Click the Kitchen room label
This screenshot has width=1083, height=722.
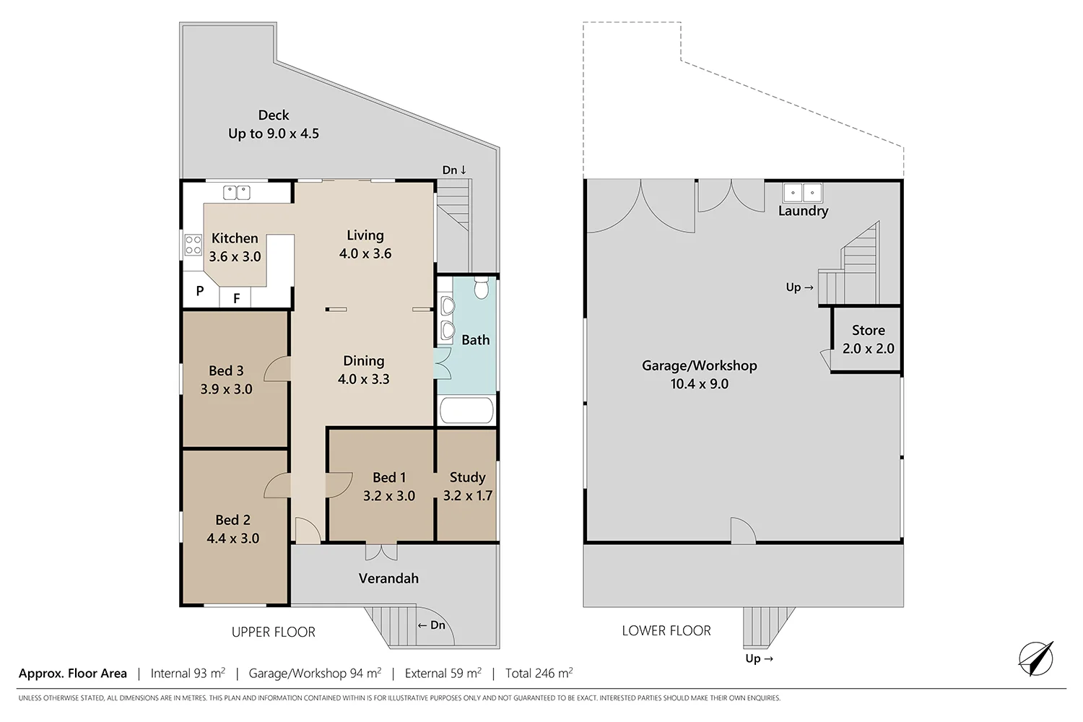235,238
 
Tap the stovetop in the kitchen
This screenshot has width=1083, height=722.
193,245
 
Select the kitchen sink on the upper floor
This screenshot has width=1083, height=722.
236,192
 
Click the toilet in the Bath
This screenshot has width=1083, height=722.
482,289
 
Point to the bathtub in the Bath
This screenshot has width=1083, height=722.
466,411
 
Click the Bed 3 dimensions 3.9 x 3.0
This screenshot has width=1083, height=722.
226,389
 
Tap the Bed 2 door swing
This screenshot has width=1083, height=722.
277,486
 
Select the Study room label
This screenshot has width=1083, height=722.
467,477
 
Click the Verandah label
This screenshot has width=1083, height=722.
388,578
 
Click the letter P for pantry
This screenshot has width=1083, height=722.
200,292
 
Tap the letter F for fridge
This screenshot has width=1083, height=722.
236,297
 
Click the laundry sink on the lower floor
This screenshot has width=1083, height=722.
802,193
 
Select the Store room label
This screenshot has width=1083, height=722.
868,330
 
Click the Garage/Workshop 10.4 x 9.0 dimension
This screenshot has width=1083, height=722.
699,384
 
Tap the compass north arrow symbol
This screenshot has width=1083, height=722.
1036,658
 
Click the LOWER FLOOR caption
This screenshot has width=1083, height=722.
666,631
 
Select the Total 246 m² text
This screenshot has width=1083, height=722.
539,674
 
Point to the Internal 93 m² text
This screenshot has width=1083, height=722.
188,674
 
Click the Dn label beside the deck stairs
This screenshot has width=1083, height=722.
454,170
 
